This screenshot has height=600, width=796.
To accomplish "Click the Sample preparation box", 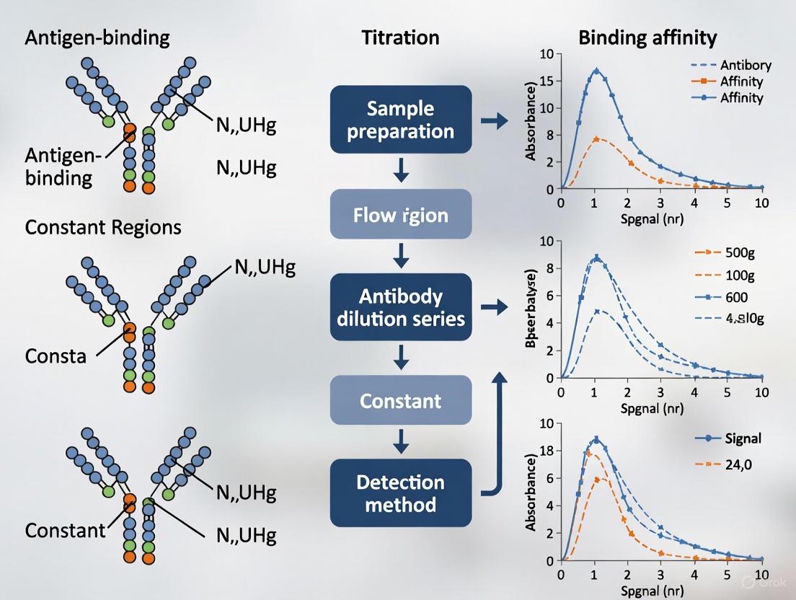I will click(x=401, y=120).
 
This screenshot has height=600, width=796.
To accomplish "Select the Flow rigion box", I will click(x=401, y=215).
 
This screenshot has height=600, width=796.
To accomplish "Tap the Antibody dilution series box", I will click(x=401, y=307).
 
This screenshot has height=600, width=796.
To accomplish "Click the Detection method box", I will click(x=401, y=493).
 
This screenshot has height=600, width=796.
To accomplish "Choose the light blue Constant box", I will click(x=401, y=400).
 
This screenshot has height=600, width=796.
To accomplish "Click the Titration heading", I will click(x=400, y=38).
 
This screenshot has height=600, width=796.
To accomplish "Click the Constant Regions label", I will click(x=103, y=227).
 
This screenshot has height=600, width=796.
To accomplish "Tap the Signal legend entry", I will click(x=735, y=438).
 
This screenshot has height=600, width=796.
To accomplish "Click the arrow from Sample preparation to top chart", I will click(x=494, y=121).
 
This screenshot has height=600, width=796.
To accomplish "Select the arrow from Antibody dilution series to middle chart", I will click(x=494, y=308).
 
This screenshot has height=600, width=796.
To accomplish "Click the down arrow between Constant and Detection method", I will click(x=401, y=440).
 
